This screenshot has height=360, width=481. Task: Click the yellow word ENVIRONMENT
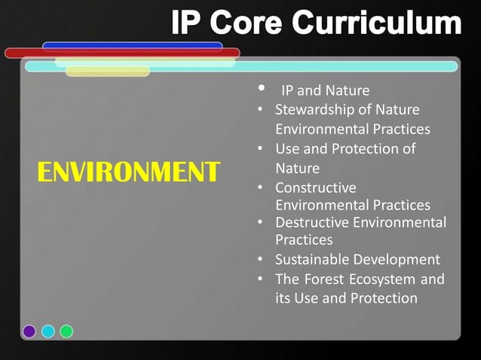point(128,172)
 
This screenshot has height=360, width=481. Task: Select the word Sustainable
point(311,260)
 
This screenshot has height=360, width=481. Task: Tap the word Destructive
point(310,222)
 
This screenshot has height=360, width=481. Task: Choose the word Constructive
point(316,187)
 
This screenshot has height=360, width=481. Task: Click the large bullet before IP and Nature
point(261,90)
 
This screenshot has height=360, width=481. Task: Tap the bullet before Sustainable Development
point(259,261)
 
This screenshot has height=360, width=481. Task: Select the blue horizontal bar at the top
point(132,46)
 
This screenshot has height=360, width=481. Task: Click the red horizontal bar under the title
point(121,53)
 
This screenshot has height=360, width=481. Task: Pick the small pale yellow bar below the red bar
point(107,72)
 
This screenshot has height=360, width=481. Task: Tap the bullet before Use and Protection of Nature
point(259,149)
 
